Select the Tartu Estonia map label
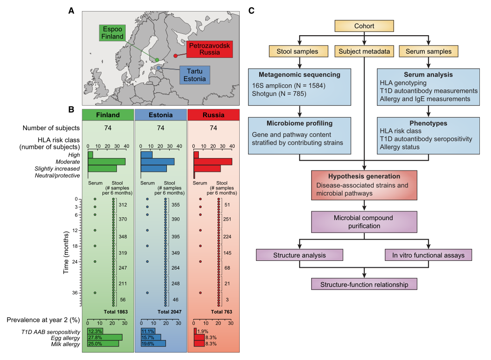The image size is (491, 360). [191, 76]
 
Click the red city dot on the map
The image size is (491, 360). [176, 56]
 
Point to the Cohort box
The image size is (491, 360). [364, 27]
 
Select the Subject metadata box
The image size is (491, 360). [364, 51]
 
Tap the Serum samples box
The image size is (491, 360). [428, 51]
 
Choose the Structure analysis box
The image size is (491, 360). [300, 255]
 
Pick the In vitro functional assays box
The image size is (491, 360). [428, 255]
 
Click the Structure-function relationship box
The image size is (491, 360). [364, 283]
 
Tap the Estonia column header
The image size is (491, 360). [160, 114]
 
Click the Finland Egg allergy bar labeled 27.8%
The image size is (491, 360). [105, 337]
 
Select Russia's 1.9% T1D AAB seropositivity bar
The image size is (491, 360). [195, 331]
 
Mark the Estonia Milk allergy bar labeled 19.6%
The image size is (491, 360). [153, 343]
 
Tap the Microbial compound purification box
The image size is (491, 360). [364, 222]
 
